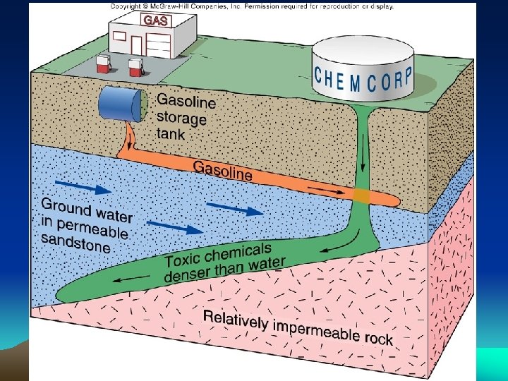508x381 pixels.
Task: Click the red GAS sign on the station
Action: point(155,21)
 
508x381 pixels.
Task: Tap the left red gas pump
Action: point(103,65)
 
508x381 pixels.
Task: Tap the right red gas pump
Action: point(135,68)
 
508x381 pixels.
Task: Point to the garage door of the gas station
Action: point(158,43)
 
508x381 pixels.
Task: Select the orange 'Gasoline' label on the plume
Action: point(222,169)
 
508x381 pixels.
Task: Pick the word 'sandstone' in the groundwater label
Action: point(76,242)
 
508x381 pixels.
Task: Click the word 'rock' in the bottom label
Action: point(379,339)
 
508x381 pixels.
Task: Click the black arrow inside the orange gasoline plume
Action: point(325,190)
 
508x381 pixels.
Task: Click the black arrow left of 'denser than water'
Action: point(128,281)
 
